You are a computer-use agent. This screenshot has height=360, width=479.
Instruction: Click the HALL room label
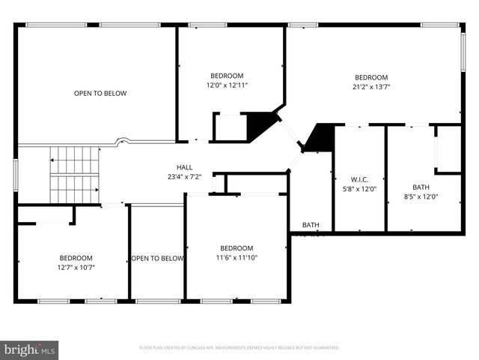pyautogui.click(x=184, y=167)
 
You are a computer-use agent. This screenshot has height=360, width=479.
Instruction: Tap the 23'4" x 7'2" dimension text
pyautogui.click(x=184, y=177)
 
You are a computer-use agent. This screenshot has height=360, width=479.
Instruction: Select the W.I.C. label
pyautogui.click(x=359, y=179)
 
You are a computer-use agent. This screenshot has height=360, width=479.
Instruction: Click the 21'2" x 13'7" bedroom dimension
pyautogui.click(x=371, y=87)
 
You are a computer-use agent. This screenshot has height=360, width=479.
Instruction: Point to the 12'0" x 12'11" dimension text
pyautogui.click(x=227, y=85)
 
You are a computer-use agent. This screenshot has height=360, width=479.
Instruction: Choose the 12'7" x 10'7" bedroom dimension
pyautogui.click(x=76, y=267)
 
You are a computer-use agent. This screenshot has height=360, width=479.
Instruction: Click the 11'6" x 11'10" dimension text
pyautogui.click(x=237, y=258)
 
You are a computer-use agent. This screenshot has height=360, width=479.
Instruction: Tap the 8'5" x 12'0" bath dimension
pyautogui.click(x=421, y=196)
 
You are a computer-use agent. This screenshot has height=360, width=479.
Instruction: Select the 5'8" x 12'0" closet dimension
pyautogui.click(x=359, y=189)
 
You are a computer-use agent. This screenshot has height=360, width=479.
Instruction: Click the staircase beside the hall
pyautogui.click(x=74, y=175)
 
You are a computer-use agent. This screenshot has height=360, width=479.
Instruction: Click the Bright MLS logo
pyautogui.click(x=30, y=349)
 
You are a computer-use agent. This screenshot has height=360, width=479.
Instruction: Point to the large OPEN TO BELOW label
pyautogui.click(x=100, y=94)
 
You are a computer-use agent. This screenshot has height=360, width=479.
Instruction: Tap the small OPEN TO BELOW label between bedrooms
pyautogui.click(x=157, y=259)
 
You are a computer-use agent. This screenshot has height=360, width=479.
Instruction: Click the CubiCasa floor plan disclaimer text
pyautogui.click(x=239, y=348)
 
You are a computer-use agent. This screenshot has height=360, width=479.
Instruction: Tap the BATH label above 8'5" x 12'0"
pyautogui.click(x=421, y=187)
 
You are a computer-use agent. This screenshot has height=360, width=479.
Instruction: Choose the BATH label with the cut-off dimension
pyautogui.click(x=310, y=225)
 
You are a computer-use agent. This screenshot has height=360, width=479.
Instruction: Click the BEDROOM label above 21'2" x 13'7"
pyautogui.click(x=371, y=77)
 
